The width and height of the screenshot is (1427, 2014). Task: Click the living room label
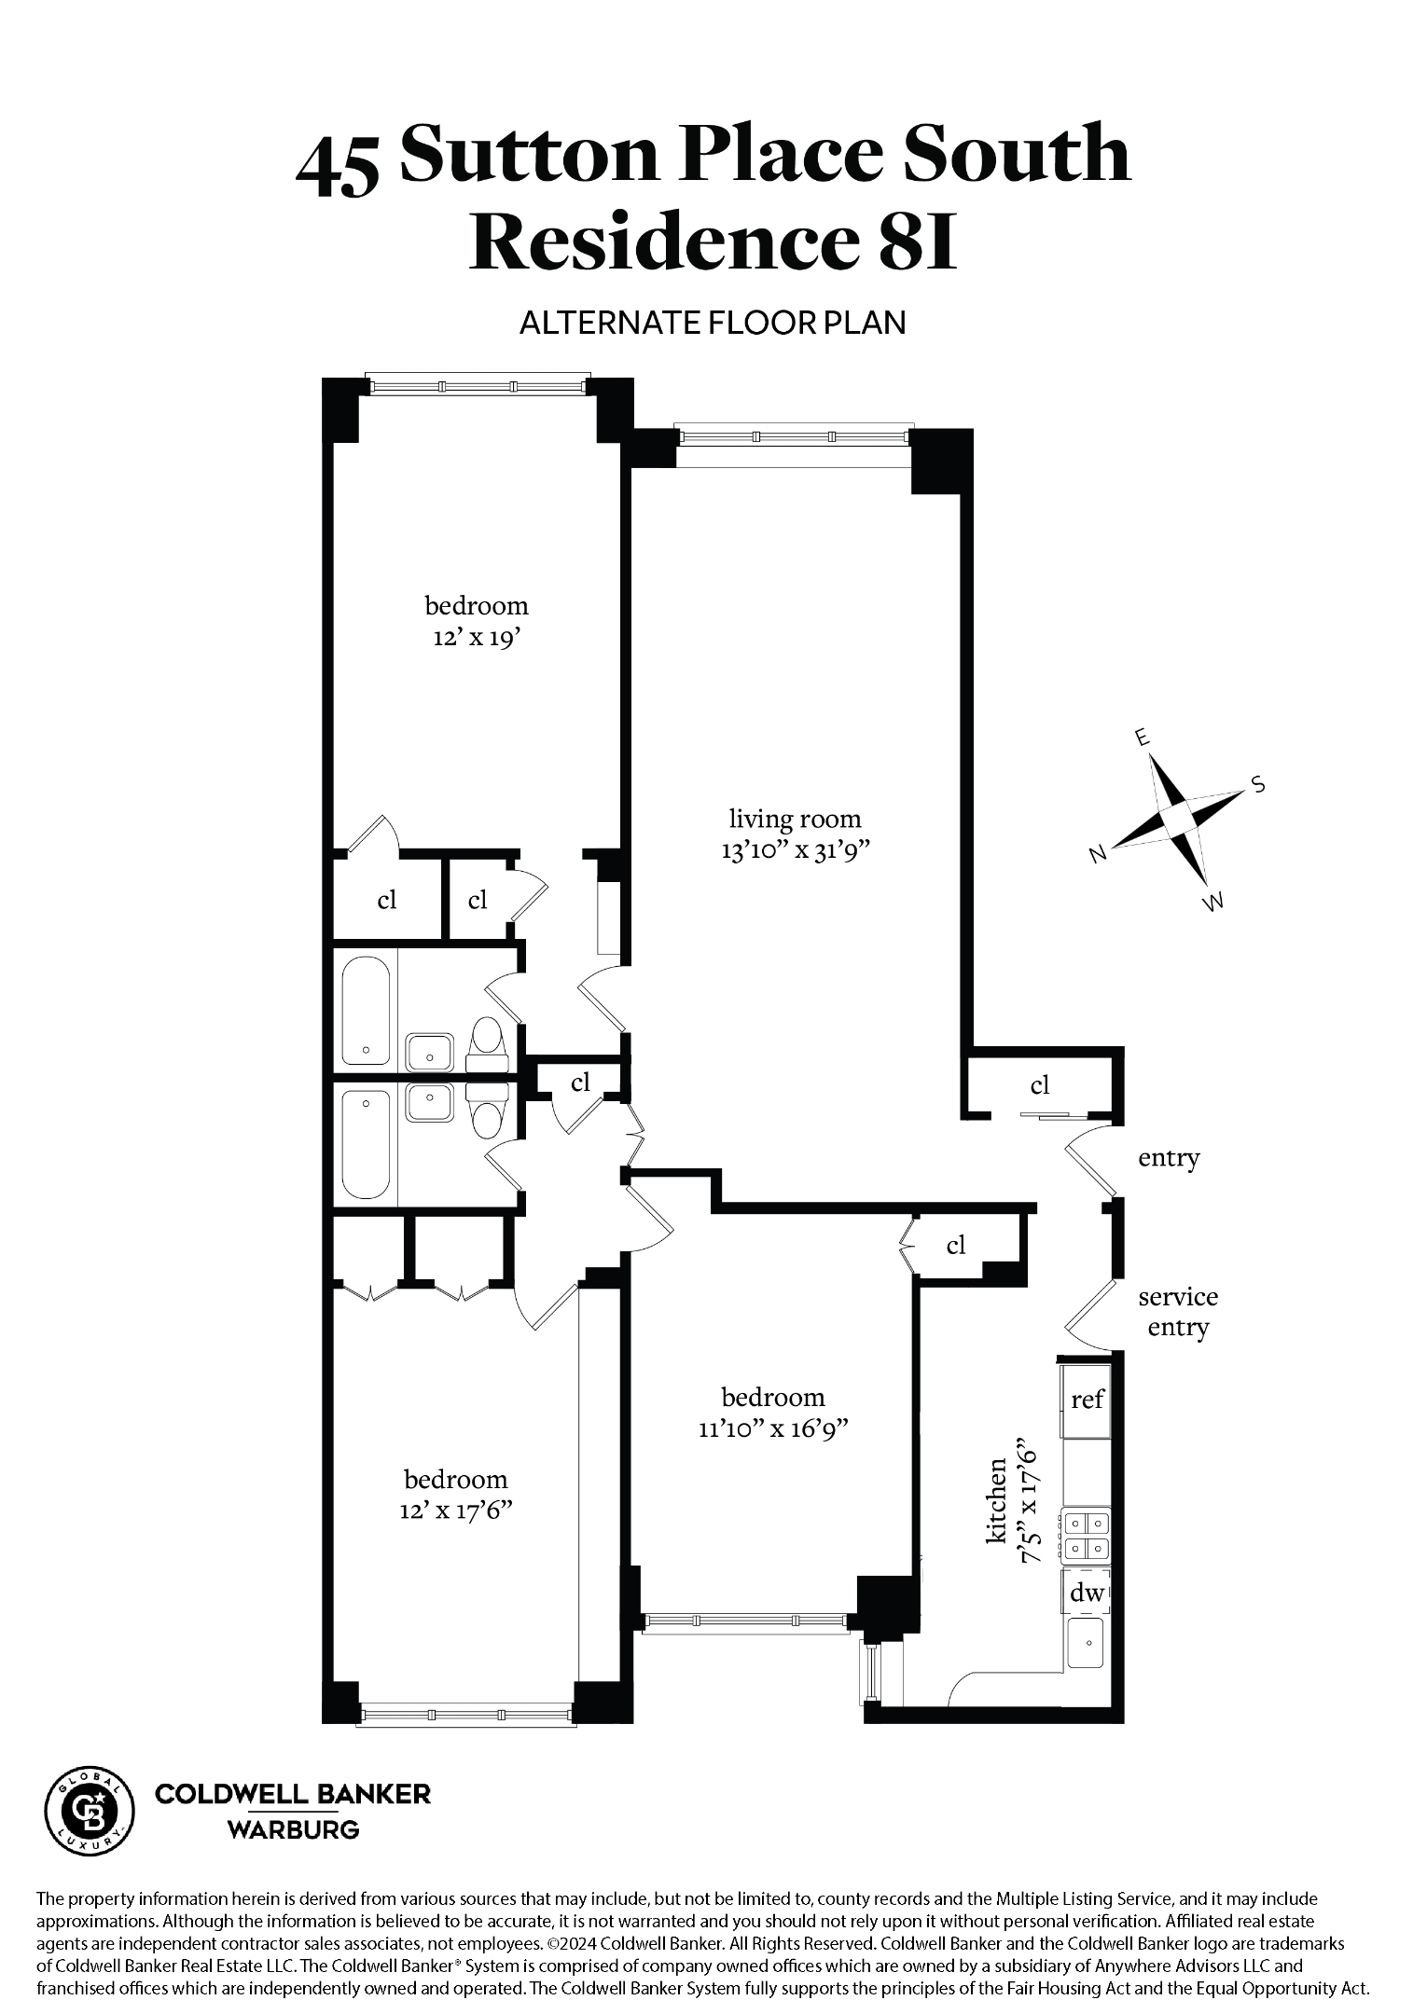(x=795, y=819)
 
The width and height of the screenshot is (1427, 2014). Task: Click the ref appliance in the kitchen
(x=1088, y=1400)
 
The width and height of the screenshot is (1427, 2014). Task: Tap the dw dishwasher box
(x=1087, y=1593)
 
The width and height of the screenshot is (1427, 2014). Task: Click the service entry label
(x=1177, y=1312)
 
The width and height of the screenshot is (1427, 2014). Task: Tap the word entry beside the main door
(x=1169, y=1158)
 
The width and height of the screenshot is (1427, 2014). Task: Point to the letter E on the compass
(x=1140, y=738)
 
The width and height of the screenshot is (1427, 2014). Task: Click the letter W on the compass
(x=1212, y=902)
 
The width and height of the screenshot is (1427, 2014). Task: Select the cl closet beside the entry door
(x=1040, y=1084)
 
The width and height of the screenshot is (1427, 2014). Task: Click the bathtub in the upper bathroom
(x=366, y=1011)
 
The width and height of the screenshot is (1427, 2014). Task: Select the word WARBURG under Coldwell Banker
(x=293, y=1829)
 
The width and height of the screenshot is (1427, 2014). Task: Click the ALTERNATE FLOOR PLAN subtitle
(x=713, y=323)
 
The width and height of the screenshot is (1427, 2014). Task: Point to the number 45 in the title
(x=338, y=164)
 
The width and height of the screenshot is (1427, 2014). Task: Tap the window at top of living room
(x=793, y=437)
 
